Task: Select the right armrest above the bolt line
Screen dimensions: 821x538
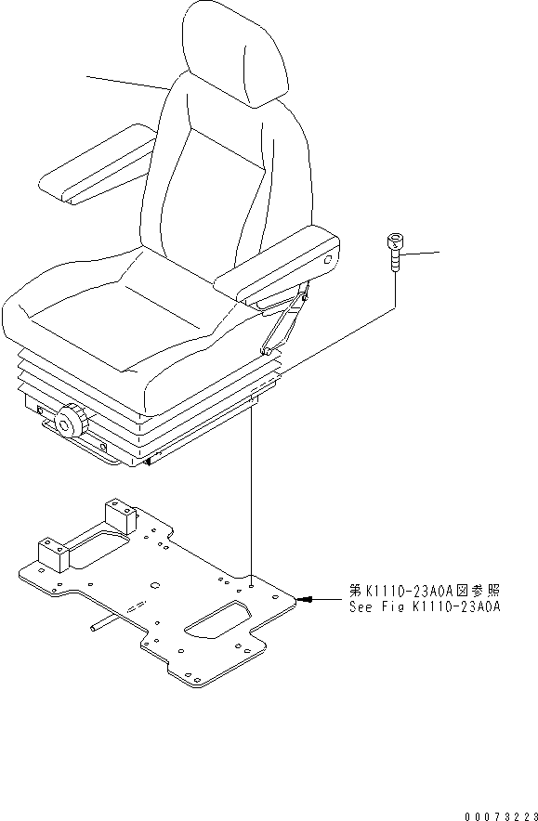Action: pos(279,265)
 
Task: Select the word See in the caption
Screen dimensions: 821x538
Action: pos(361,608)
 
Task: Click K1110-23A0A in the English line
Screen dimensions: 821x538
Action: pos(456,608)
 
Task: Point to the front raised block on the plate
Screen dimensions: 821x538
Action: pos(52,556)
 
